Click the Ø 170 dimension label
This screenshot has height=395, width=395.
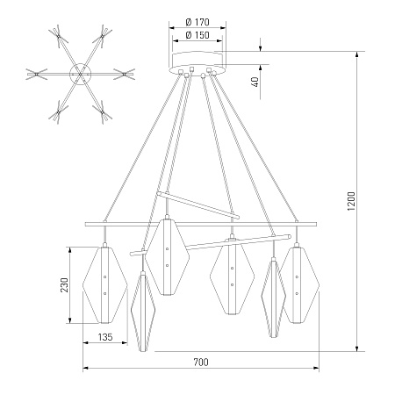pyautogui.click(x=197, y=22)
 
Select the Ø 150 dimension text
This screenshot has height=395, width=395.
pyautogui.click(x=197, y=35)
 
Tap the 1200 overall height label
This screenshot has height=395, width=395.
pyautogui.click(x=351, y=201)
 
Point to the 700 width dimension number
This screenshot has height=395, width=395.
pyautogui.click(x=201, y=363)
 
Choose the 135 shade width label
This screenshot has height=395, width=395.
pyautogui.click(x=105, y=337)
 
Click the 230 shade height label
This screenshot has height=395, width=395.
pyautogui.click(x=64, y=285)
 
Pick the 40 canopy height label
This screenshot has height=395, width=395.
pyautogui.click(x=255, y=82)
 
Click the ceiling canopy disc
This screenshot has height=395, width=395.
pyautogui.click(x=197, y=63)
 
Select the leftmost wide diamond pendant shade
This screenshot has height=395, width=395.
pyautogui.click(x=104, y=285)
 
